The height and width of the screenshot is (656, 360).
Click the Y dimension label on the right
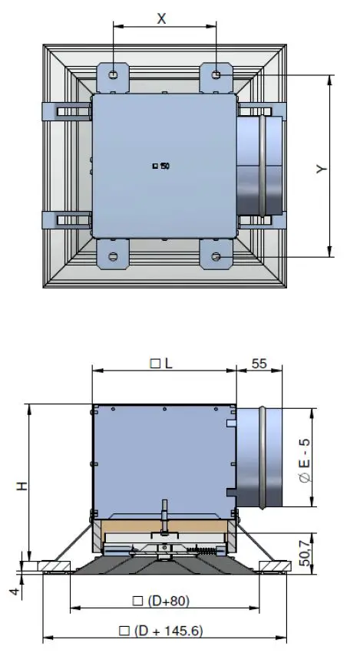[x=322, y=168]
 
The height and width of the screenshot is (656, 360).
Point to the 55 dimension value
[x=259, y=364]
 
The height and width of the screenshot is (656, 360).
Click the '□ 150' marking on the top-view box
[x=161, y=166]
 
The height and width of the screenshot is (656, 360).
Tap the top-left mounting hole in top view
[x=114, y=75]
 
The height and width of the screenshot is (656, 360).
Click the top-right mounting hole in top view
[x=216, y=75]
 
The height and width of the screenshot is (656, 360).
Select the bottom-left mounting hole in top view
[x=114, y=255]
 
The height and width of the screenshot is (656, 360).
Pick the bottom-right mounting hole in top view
[x=216, y=255]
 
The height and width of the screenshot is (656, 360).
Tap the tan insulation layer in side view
[x=165, y=528]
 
